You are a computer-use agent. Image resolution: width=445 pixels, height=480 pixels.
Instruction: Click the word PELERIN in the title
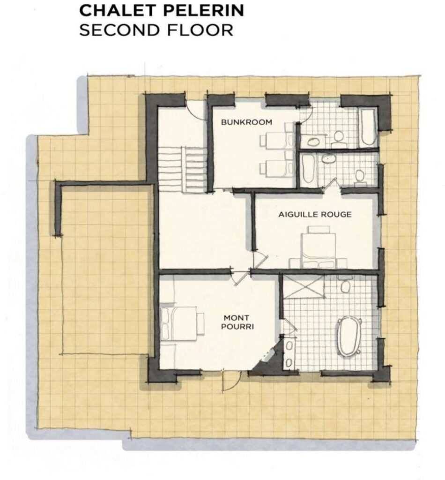point(203,10)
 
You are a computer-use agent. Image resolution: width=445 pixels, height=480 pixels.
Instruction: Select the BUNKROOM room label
point(246,122)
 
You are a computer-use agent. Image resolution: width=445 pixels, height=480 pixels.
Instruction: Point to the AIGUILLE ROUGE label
point(315,214)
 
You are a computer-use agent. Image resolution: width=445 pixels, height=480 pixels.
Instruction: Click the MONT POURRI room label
point(237,322)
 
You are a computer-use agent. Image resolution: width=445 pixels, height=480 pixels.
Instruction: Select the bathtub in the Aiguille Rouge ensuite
point(308,169)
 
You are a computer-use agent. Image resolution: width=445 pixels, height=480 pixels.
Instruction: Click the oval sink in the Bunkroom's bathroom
point(313,142)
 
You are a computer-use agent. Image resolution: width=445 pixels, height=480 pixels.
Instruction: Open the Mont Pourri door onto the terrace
point(232,381)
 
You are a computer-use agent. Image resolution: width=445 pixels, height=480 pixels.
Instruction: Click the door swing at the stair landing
point(196,111)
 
